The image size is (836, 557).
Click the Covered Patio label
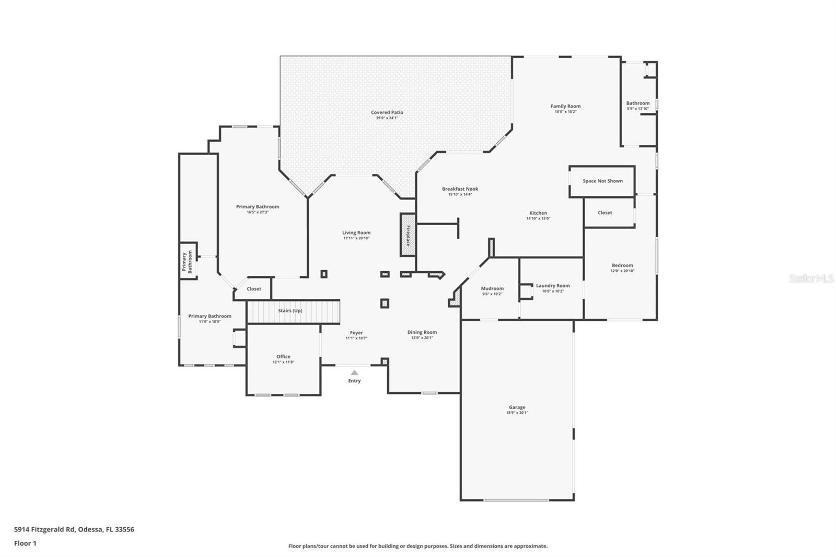(x=387, y=112)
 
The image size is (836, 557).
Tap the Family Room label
(x=565, y=106)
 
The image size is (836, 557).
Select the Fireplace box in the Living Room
(x=408, y=235)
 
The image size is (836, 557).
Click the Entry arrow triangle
(x=354, y=373)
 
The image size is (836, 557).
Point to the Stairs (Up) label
(x=290, y=310)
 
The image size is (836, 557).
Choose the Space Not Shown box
(x=602, y=181)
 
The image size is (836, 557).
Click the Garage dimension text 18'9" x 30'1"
(x=517, y=413)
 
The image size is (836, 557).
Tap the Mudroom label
(x=492, y=288)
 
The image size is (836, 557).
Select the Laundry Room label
(x=553, y=286)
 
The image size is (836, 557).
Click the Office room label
(x=283, y=356)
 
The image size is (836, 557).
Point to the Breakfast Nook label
(x=460, y=189)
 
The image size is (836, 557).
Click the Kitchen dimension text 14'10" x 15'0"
(x=538, y=218)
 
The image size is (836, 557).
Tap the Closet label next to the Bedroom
(x=605, y=213)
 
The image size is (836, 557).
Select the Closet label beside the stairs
(x=254, y=289)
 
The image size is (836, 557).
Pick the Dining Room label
(x=422, y=332)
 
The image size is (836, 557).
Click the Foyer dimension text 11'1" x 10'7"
(x=356, y=338)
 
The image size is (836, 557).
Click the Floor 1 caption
(x=25, y=543)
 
